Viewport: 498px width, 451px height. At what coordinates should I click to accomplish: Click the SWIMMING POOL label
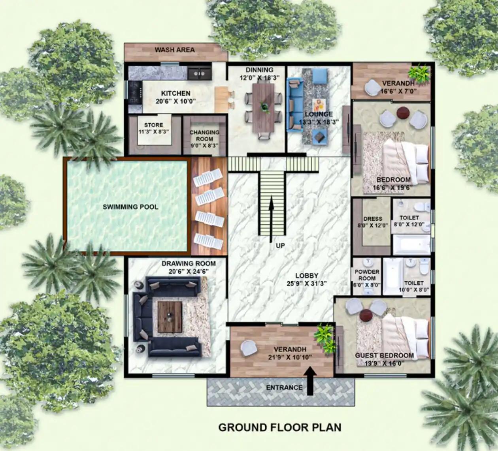tap(130, 207)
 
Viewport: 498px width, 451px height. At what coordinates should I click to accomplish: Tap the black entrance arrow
tap(310, 381)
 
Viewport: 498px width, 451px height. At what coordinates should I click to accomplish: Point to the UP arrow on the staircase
tap(272, 219)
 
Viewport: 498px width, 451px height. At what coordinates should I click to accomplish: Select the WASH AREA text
tap(175, 50)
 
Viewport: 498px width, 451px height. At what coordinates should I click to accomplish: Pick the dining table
tap(264, 107)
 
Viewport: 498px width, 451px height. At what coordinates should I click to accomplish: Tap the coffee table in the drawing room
tap(170, 314)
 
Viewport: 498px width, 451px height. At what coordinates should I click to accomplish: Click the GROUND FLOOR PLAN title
tap(280, 427)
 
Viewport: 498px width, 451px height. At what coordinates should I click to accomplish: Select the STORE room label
tap(154, 125)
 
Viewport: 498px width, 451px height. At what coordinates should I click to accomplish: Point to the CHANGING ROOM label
tap(204, 135)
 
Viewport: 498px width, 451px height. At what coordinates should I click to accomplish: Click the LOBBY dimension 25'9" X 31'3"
tap(307, 283)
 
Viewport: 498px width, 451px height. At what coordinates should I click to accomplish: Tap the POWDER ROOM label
tap(367, 275)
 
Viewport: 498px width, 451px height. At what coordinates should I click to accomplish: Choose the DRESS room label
tap(373, 218)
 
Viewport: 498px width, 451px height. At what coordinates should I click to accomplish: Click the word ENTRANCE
tap(284, 387)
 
